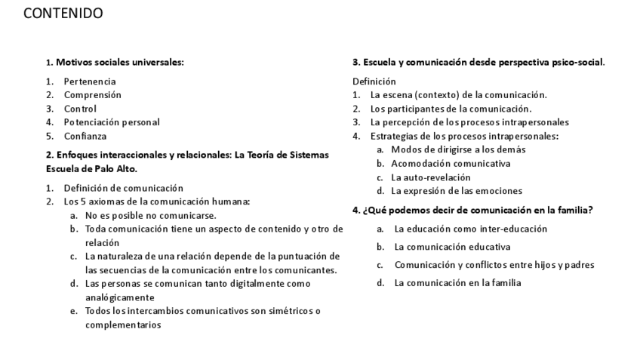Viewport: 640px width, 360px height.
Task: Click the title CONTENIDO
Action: tap(63, 14)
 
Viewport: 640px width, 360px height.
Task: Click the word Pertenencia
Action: tap(90, 82)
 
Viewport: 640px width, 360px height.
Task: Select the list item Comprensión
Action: tap(92, 95)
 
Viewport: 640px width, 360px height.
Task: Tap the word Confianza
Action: tap(85, 137)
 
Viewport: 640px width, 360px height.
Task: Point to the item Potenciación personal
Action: tap(112, 122)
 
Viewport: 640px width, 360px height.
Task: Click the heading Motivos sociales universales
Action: tap(119, 63)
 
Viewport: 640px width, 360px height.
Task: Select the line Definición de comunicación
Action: tap(123, 188)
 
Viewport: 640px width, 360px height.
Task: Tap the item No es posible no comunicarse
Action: tap(150, 215)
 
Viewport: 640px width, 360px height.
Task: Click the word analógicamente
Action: tap(120, 297)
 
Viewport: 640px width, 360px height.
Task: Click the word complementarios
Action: tap(123, 325)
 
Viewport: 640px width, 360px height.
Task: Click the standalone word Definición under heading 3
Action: tap(374, 82)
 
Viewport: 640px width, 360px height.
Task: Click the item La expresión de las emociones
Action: tap(456, 191)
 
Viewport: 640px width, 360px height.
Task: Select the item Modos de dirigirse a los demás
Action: tap(458, 149)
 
